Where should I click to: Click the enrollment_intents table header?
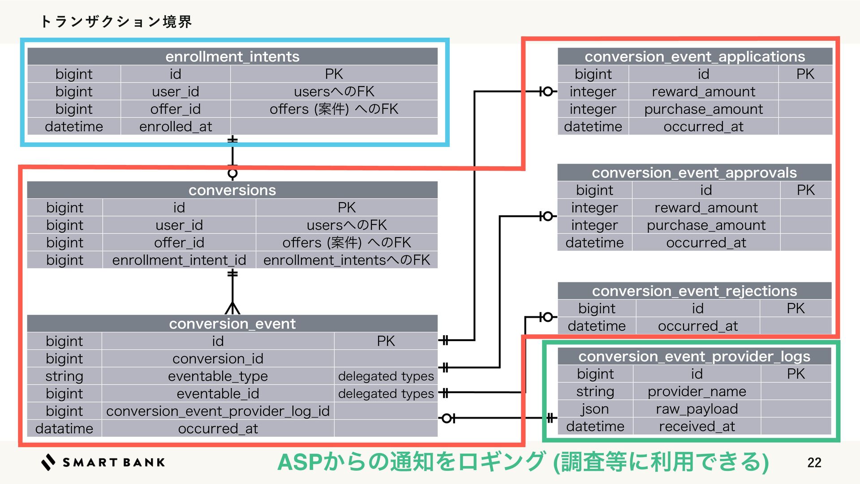(232, 56)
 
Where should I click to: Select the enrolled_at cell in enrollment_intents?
(176, 127)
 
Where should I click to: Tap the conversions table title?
(232, 190)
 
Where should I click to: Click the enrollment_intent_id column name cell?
(179, 260)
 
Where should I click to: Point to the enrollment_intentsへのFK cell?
(346, 260)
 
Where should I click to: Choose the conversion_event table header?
(232, 324)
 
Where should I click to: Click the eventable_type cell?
(218, 376)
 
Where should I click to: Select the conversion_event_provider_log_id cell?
(218, 411)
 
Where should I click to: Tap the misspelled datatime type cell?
(64, 428)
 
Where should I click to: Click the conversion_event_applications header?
(695, 56)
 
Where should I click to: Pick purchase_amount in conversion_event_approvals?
(706, 225)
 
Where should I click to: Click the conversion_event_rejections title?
(694, 291)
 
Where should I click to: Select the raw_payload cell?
(697, 409)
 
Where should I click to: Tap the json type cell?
(595, 409)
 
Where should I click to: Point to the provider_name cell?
(697, 391)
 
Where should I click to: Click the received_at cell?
(697, 426)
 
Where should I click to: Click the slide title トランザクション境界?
(116, 21)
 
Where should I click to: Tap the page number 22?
(814, 462)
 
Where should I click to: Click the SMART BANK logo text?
(113, 462)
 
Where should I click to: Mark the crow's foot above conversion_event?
(232, 308)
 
